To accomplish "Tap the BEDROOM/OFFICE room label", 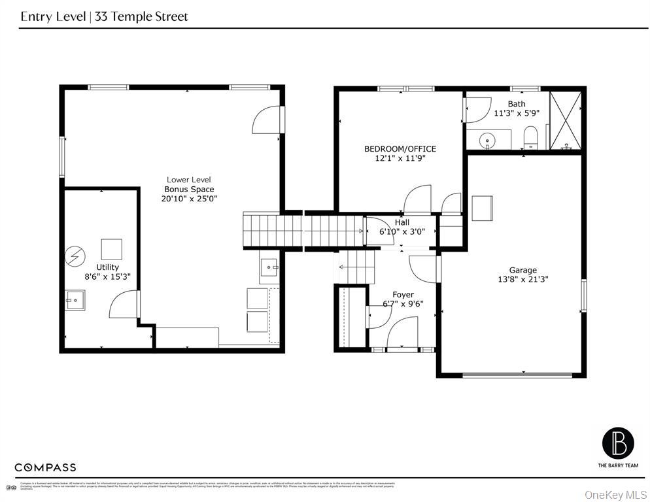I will [x=400, y=148].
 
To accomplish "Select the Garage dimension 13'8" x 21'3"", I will [x=522, y=279].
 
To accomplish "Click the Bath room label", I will [x=516, y=104].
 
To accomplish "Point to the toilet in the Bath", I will [x=530, y=138].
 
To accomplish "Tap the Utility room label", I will [x=107, y=267].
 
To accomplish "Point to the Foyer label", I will [x=403, y=295].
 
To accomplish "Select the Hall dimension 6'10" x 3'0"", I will [x=402, y=231].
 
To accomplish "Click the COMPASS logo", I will [x=45, y=467].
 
